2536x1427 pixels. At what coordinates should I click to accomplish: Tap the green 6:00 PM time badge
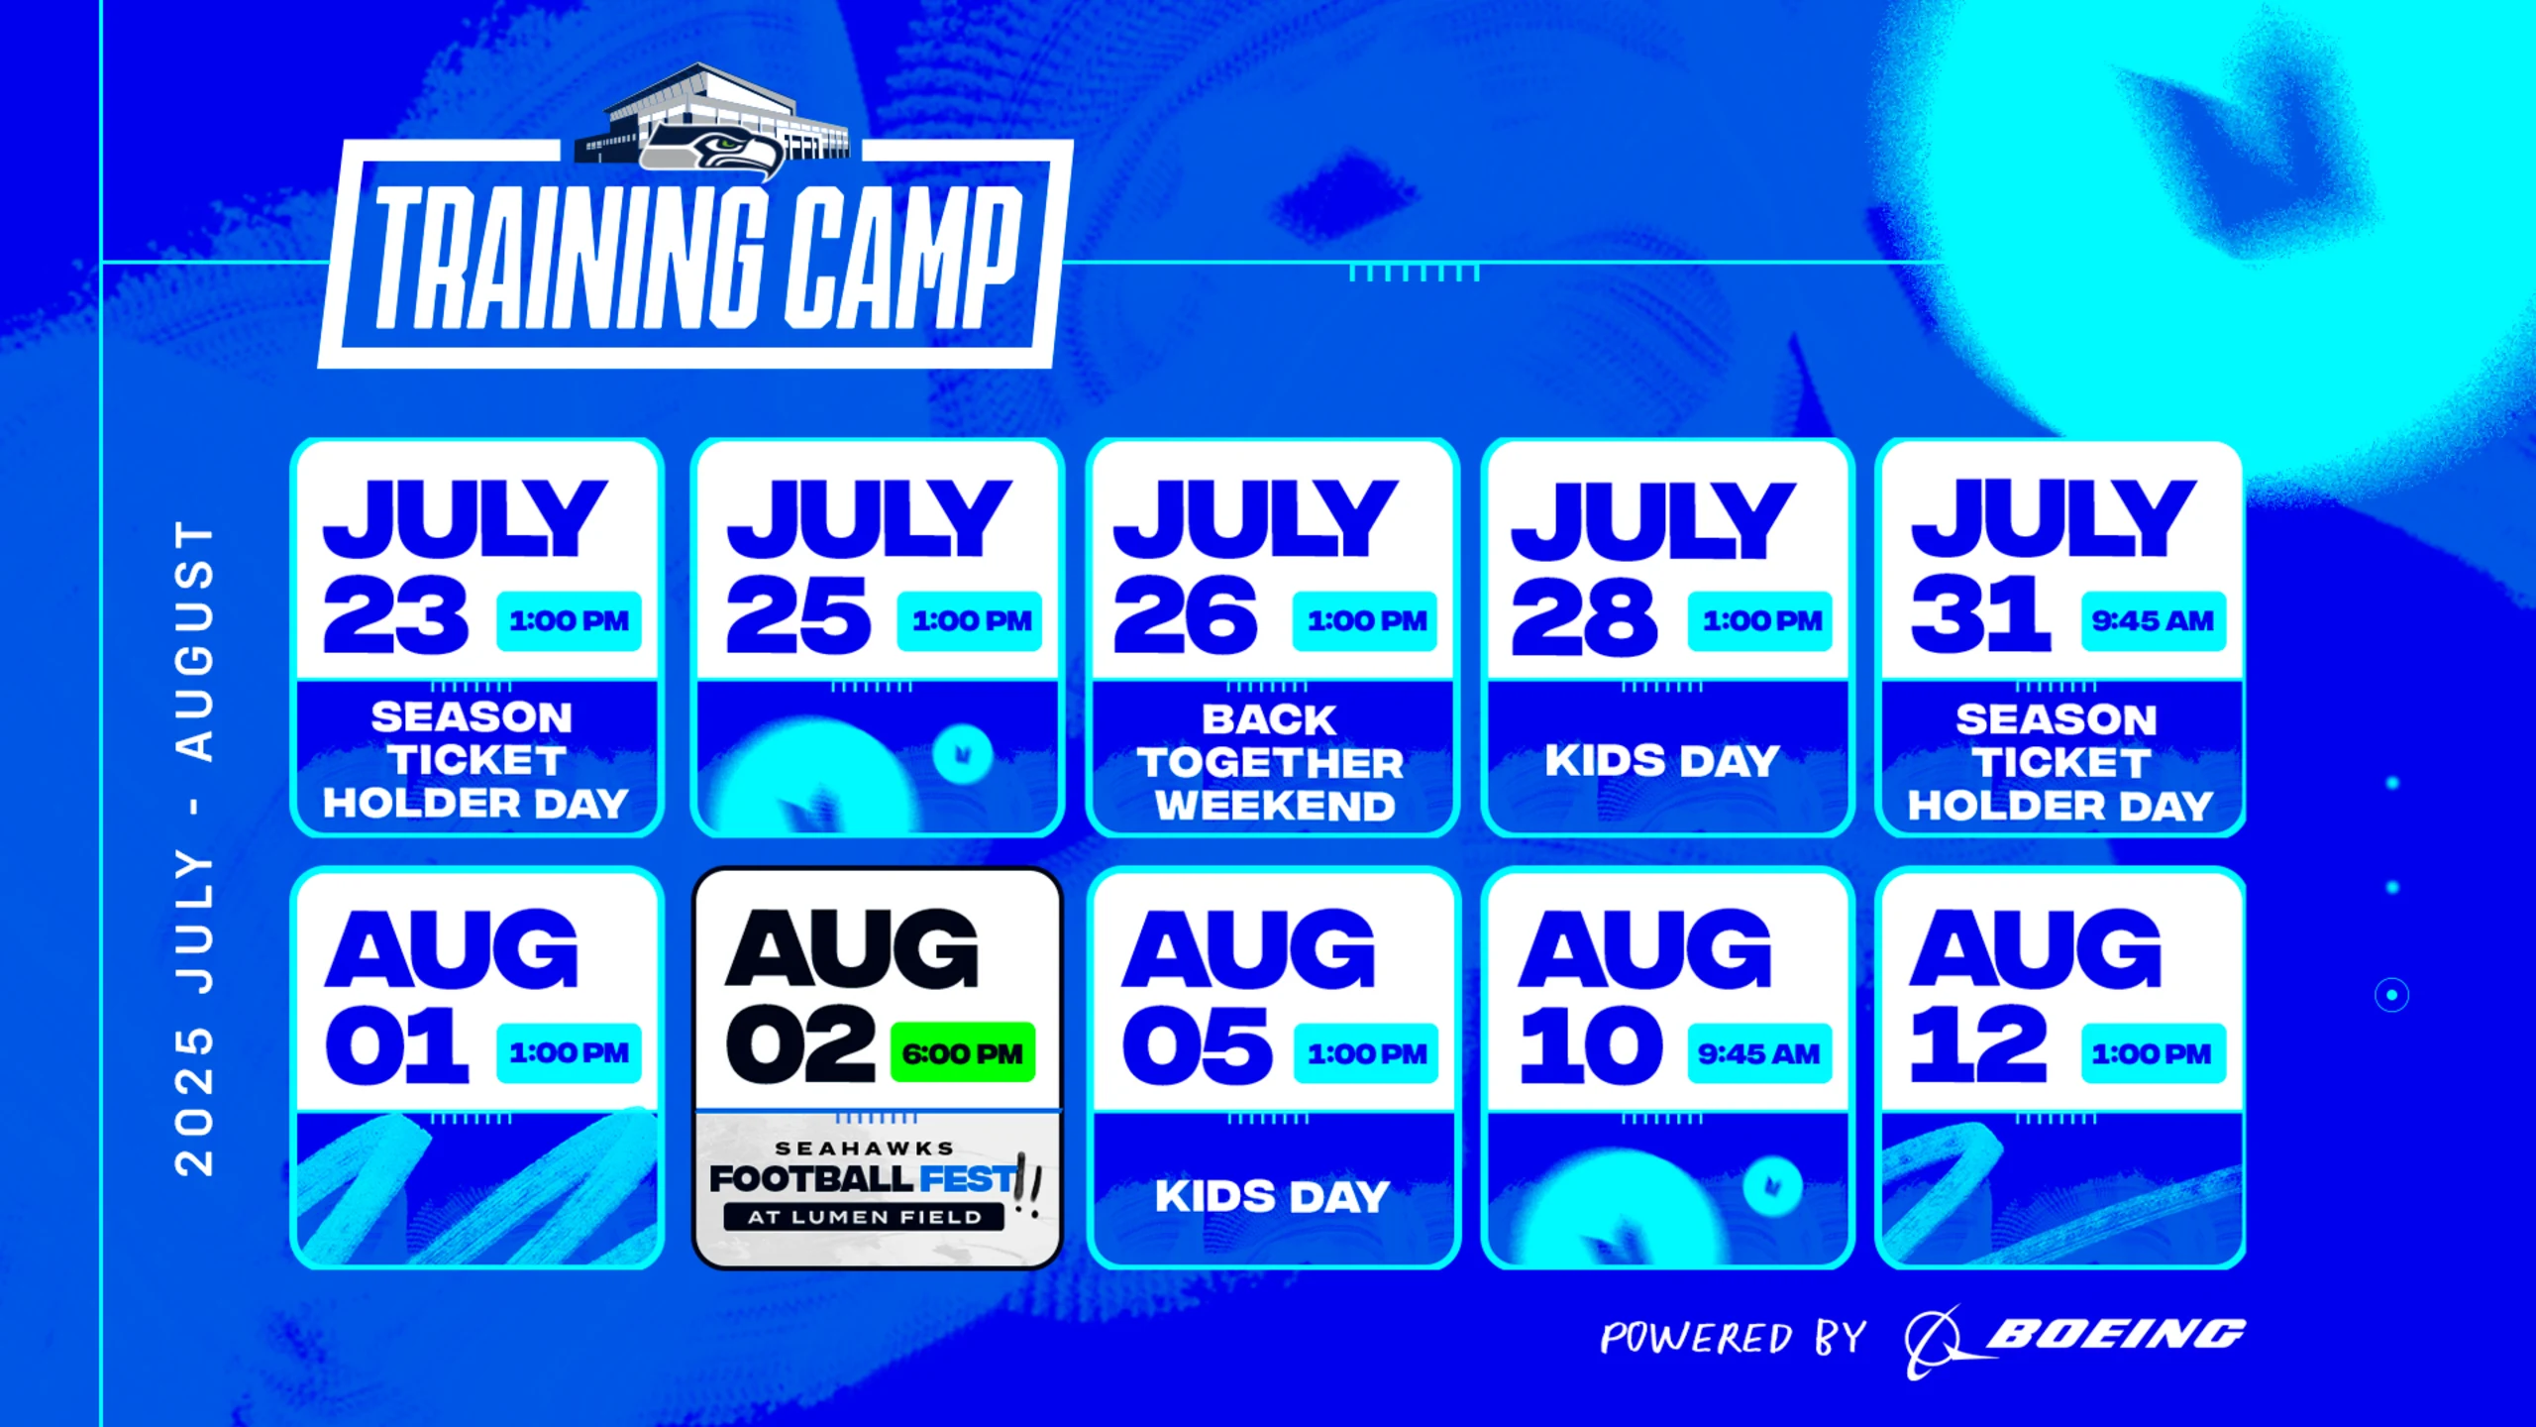pos(962,1052)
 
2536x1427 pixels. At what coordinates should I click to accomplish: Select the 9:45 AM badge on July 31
pos(2153,621)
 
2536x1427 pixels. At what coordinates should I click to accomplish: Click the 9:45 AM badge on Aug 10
pos(1759,1052)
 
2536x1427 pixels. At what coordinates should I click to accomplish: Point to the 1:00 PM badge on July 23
pos(569,621)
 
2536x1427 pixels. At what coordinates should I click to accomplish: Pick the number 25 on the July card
pos(798,616)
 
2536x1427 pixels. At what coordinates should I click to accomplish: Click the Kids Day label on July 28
pos(1662,761)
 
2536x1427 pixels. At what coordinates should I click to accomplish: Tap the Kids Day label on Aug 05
pos(1272,1196)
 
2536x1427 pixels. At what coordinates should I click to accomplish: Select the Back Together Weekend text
pos(1271,762)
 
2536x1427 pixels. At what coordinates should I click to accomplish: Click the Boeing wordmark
pos(2115,1335)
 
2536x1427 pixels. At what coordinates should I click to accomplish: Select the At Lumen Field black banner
pos(864,1217)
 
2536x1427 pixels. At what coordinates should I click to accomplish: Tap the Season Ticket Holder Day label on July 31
pos(2060,762)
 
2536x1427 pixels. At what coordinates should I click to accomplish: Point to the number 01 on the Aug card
pos(396,1046)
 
